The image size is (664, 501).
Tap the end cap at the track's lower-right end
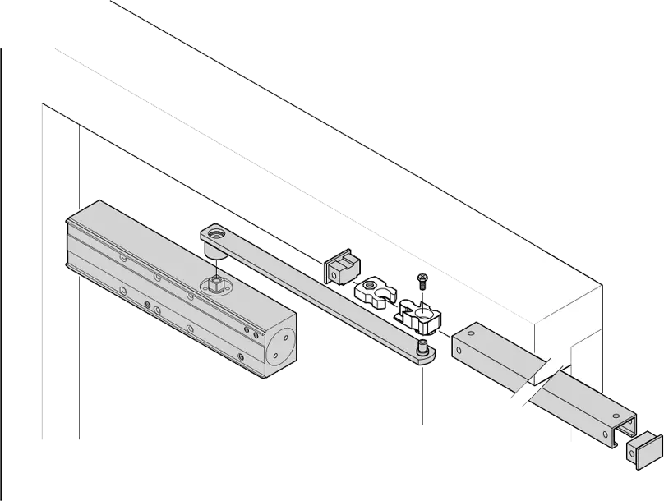(x=643, y=450)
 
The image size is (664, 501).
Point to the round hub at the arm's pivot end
(x=216, y=238)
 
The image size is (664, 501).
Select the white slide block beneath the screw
(x=419, y=312)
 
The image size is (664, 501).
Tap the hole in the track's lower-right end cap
(x=639, y=448)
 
